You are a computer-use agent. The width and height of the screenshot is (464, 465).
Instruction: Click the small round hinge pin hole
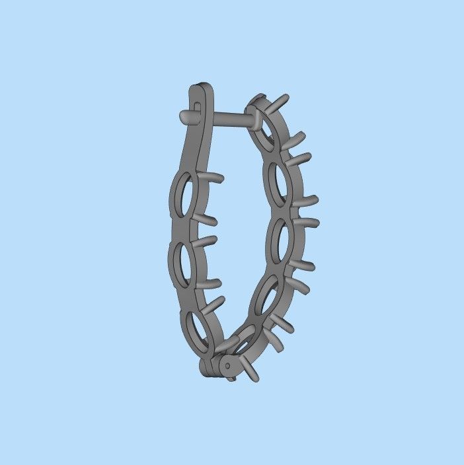pos(227,364)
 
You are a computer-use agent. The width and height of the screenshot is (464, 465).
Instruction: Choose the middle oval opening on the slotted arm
pos(183,265)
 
